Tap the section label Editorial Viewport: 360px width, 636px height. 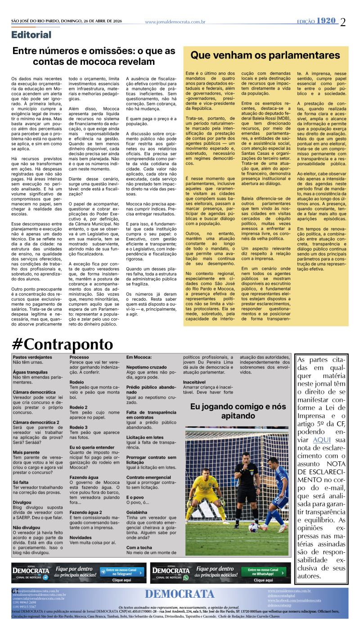pos(31,35)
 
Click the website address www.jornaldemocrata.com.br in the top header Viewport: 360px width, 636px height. pos(175,22)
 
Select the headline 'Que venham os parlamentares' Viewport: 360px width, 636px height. pos(271,55)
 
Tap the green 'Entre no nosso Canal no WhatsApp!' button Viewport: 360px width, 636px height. pos(264,572)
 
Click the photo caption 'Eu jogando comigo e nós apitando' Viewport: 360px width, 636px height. pos(231,411)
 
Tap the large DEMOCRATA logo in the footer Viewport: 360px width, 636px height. pos(180,594)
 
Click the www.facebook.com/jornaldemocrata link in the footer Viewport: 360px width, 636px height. pos(294,600)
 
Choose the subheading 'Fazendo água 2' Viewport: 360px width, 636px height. pos(85,512)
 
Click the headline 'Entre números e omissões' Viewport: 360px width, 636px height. pos(94,56)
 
